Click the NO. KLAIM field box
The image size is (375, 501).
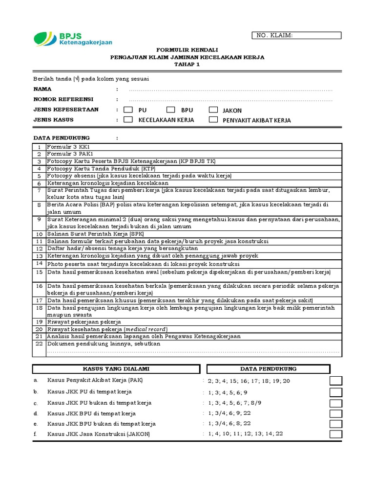pos(296,35)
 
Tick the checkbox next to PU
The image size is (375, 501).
pos(128,110)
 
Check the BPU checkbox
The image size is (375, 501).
pos(170,110)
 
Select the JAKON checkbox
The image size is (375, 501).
pos(213,110)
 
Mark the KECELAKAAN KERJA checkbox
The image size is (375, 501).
pos(128,119)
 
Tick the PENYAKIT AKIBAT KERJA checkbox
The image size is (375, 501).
pos(213,119)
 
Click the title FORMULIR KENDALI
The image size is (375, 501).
pos(187,50)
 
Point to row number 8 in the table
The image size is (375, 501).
pos(39,205)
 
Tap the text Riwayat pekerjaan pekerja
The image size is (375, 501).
pos(84,322)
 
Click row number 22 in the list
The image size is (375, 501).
pos(39,344)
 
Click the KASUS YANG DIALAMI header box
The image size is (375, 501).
pos(116,369)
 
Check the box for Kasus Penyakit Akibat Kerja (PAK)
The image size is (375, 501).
pos(336,381)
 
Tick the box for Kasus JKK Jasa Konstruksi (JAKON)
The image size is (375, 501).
pos(336,434)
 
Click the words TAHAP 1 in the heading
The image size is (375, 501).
pos(187,64)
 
